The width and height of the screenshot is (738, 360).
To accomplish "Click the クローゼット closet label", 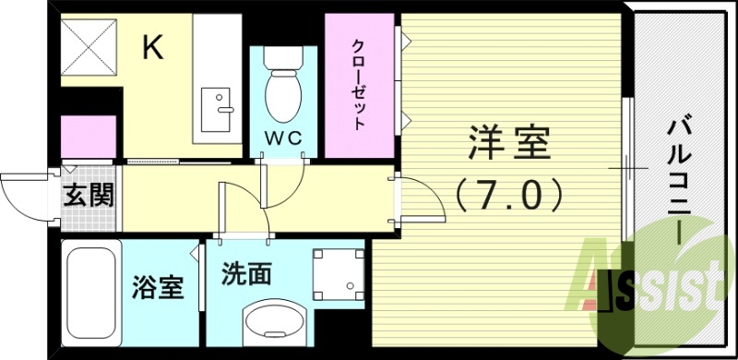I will [359, 84].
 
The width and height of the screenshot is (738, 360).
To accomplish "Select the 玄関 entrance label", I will [89, 197].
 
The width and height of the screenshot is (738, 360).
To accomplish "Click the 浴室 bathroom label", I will [151, 288].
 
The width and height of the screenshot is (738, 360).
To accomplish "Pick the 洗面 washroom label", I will [246, 274].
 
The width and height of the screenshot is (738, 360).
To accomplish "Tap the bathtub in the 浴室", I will [91, 289].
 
